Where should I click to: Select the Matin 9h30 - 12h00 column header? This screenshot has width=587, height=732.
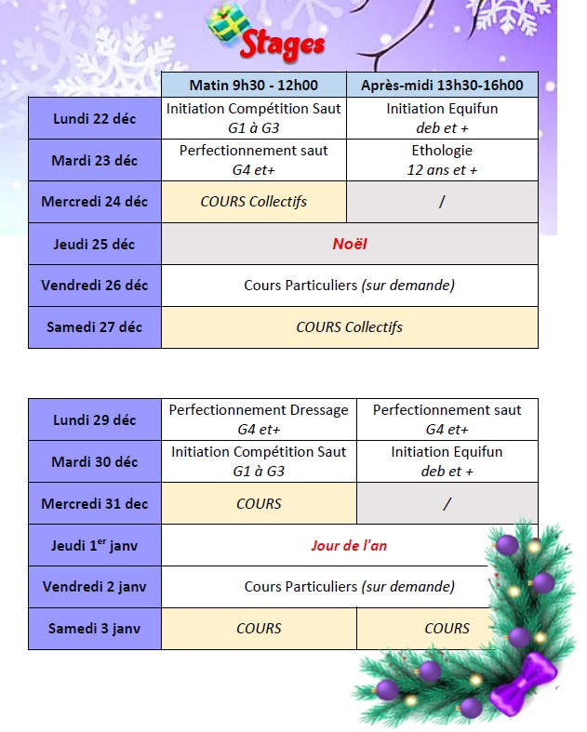coord(253,86)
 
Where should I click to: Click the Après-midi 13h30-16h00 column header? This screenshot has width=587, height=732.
coord(442,86)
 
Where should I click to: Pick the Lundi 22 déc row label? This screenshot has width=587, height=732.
coord(94,118)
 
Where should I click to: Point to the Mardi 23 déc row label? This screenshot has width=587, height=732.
coord(94,160)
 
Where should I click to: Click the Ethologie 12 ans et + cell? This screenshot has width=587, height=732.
coord(442,160)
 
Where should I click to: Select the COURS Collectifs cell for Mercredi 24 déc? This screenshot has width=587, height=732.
coord(253,202)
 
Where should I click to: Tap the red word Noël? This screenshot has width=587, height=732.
coord(350,244)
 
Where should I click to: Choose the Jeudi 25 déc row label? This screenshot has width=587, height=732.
coord(94,244)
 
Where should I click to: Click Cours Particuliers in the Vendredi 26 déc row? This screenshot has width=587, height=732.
coord(349,286)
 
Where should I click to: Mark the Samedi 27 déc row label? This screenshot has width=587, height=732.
coord(94,327)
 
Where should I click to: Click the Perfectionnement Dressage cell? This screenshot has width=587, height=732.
coord(259,419)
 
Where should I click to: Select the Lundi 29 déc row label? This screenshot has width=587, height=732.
coord(94,419)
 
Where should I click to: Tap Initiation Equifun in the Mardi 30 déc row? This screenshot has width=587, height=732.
coord(447,461)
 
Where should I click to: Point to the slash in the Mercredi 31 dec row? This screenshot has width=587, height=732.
coord(447,503)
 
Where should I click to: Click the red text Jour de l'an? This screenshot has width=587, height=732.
coord(350,545)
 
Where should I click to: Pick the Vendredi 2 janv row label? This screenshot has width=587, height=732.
coord(94,587)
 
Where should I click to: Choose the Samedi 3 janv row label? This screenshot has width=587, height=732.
coord(94,629)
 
